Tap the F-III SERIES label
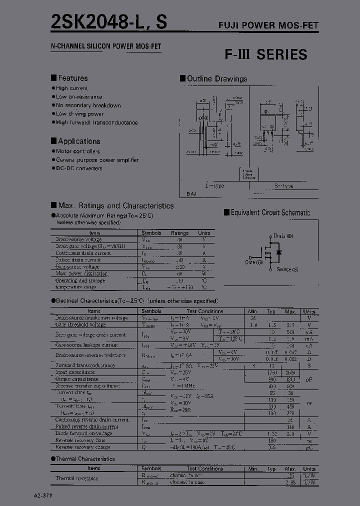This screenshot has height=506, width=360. pos(265,54)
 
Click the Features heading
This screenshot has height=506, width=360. pos(72,78)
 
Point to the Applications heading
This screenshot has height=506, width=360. pos(78,141)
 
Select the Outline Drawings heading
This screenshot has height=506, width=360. pos(216,78)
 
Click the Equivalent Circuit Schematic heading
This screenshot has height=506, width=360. pos(270,212)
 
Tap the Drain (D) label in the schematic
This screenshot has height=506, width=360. pos(283,235)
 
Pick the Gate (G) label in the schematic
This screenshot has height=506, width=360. pos(254,261)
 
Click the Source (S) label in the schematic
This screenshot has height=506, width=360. pos(287,269)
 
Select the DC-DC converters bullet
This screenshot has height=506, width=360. pos(79,168)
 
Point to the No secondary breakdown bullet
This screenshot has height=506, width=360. pos(88,105)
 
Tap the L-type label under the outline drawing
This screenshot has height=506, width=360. pos(215,185)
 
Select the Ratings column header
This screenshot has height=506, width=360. pos(180,233)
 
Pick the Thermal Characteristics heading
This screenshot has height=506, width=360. pos(85,458)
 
